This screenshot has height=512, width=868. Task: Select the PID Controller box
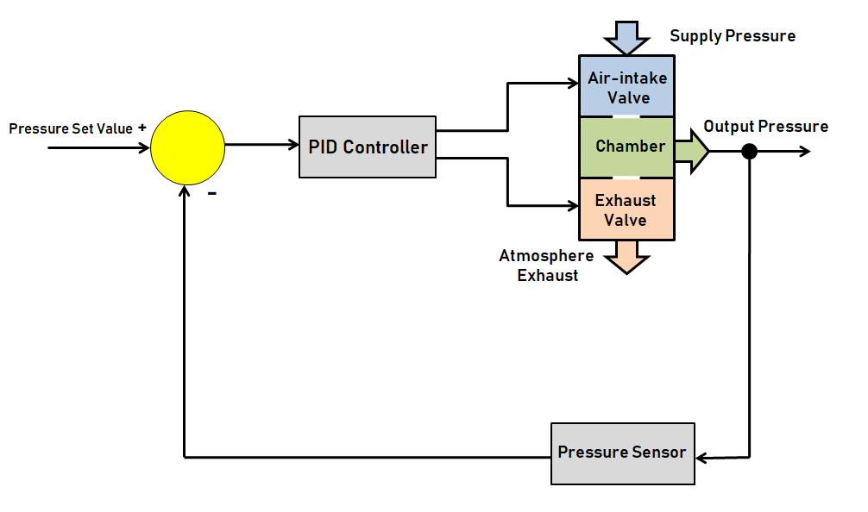click(368, 147)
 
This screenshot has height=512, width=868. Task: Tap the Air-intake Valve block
click(627, 87)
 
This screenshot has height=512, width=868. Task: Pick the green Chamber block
click(627, 147)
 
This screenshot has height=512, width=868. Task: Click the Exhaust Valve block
click(626, 209)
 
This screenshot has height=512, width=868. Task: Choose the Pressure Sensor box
click(622, 453)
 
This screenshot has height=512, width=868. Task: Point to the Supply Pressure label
click(733, 36)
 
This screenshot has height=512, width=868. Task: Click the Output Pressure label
click(765, 127)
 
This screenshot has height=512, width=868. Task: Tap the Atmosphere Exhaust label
click(546, 265)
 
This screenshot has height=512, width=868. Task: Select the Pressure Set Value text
click(71, 128)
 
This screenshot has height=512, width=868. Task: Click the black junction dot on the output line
click(749, 152)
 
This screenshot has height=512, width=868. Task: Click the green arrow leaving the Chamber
click(692, 151)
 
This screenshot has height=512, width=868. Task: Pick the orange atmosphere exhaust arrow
click(627, 256)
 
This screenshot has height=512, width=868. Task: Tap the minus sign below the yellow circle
click(211, 193)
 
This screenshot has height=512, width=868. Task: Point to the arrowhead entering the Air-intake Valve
click(572, 84)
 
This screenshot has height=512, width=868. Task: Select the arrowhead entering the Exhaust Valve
click(572, 206)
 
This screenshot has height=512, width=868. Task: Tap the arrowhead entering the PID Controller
click(292, 144)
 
